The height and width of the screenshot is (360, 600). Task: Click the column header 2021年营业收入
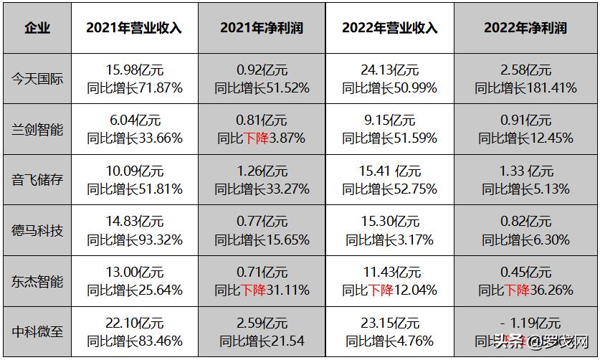pyautogui.click(x=134, y=28)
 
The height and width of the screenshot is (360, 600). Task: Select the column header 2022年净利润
pyautogui.click(x=525, y=28)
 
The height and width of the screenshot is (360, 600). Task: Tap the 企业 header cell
pyautogui.click(x=37, y=28)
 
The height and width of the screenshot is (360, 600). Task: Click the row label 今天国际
pyautogui.click(x=38, y=79)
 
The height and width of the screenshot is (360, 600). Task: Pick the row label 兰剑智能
pyautogui.click(x=38, y=130)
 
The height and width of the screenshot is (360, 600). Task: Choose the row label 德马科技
pyautogui.click(x=38, y=231)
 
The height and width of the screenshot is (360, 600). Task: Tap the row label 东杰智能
pyautogui.click(x=38, y=282)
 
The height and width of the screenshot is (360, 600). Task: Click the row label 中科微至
pyautogui.click(x=38, y=332)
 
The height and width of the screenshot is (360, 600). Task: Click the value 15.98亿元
pyautogui.click(x=134, y=70)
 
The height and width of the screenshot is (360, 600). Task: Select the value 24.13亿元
pyautogui.click(x=390, y=70)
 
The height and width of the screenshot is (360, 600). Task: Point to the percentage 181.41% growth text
pyautogui.click(x=551, y=88)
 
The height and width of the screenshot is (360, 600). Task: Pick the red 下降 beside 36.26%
pyautogui.click(x=517, y=290)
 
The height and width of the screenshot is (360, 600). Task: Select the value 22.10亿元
pyautogui.click(x=134, y=323)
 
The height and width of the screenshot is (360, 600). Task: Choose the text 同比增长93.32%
pyautogui.click(x=134, y=240)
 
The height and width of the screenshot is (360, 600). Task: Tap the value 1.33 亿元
pyautogui.click(x=525, y=172)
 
